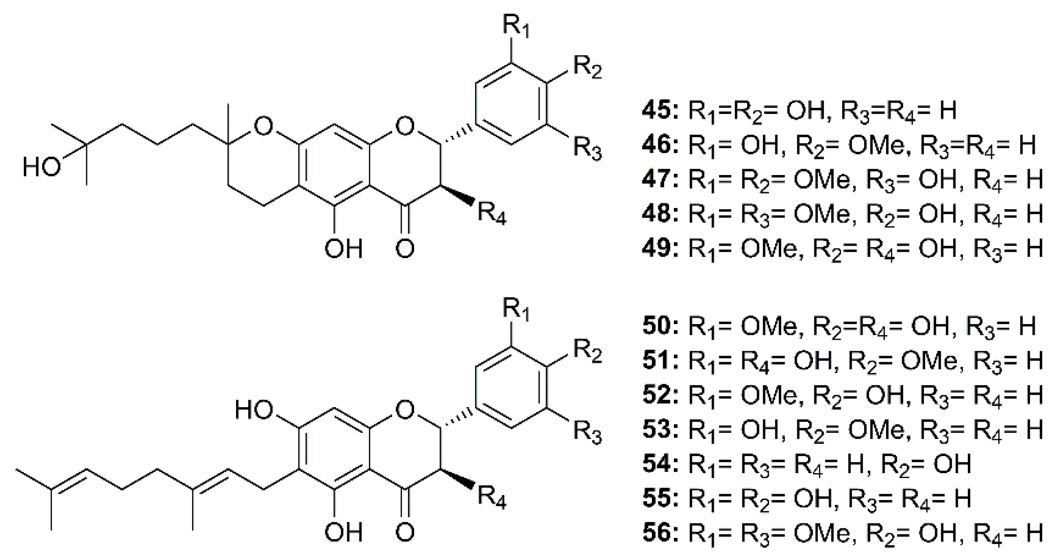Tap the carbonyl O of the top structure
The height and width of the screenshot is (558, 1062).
click(405, 248)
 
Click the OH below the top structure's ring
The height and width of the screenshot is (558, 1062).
click(343, 248)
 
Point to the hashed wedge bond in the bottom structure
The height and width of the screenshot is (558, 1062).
click(458, 412)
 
